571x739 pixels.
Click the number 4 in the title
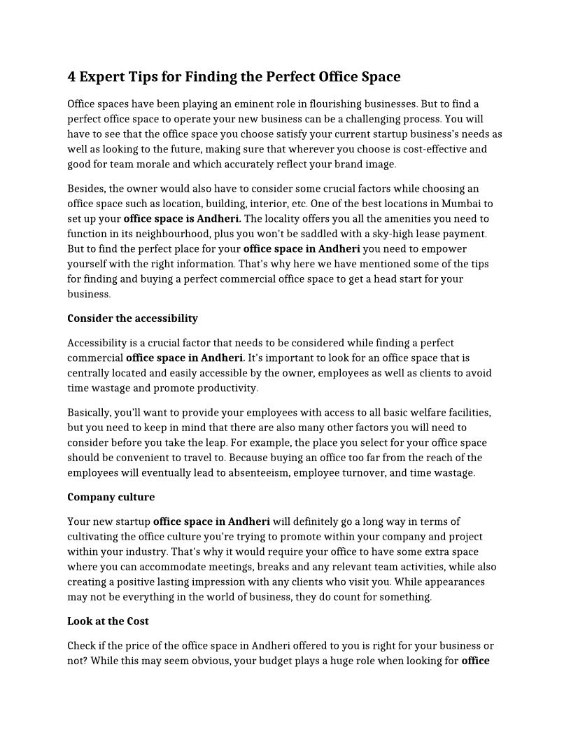pos(72,76)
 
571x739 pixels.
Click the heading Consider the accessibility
pos(132,318)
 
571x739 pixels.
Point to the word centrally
pos(91,373)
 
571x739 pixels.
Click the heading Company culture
pos(111,498)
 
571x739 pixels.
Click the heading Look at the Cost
pos(108,621)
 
